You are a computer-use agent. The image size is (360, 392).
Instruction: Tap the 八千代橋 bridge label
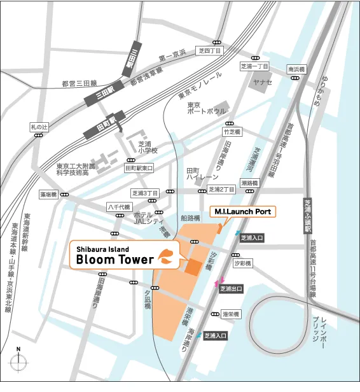[118, 207]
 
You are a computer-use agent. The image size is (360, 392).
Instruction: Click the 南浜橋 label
[296, 69]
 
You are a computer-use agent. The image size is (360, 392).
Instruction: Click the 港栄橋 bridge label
[230, 314]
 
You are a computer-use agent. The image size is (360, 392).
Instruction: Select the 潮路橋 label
[249, 183]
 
